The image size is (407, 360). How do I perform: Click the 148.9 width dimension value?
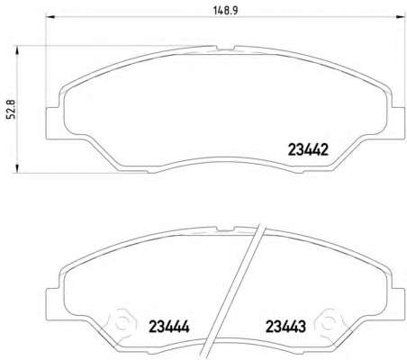tap(225, 11)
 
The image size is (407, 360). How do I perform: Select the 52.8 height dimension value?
tap(13, 110)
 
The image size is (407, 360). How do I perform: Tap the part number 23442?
tap(308, 149)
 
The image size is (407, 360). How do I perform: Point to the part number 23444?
tap(169, 327)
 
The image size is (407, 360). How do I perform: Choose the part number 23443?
tap(285, 327)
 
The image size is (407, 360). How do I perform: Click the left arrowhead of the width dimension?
tap(50, 17)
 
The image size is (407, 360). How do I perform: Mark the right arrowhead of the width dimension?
tap(401, 17)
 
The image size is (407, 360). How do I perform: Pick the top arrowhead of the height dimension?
tap(17, 50)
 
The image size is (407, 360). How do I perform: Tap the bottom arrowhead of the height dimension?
tap(17, 168)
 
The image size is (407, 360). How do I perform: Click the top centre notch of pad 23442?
tap(225, 48)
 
